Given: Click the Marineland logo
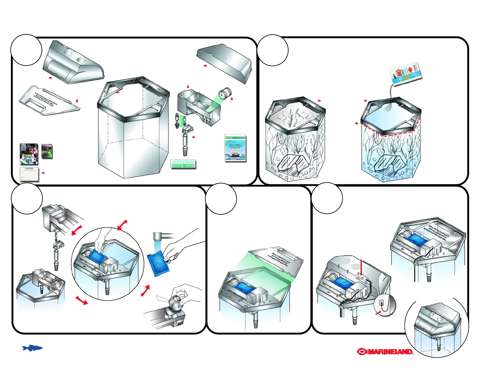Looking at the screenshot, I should [x=385, y=352].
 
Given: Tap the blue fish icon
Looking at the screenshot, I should [x=32, y=348].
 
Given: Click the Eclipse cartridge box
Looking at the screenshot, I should [x=235, y=148].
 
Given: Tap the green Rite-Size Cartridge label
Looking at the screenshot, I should [x=183, y=164].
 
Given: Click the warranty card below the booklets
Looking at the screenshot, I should [x=29, y=174].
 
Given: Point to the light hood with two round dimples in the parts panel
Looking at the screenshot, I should [x=73, y=63].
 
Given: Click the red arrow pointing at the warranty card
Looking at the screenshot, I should [x=43, y=173].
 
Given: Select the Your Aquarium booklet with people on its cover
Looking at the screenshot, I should [x=29, y=154].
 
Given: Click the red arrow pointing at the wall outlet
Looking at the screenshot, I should [x=378, y=313].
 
